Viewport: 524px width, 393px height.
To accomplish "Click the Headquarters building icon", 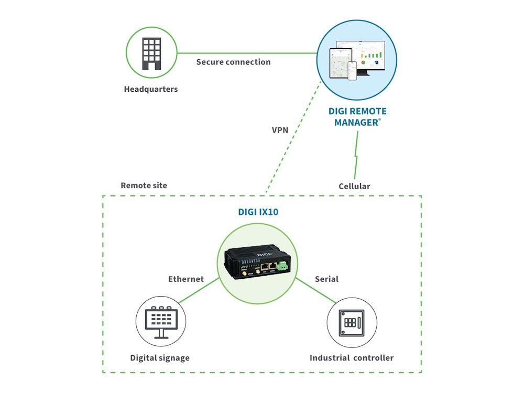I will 151,53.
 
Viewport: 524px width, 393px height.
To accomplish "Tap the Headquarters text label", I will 151,89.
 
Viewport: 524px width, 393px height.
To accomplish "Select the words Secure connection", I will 233,62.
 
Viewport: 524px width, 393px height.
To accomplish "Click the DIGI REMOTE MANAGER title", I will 357,116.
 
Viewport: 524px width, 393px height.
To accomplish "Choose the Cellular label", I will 354,186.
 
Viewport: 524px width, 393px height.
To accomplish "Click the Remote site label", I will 144,185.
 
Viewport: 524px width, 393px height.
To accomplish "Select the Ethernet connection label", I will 185,279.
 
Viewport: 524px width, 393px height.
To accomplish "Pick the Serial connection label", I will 326,279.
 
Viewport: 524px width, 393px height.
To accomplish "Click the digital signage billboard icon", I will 161,320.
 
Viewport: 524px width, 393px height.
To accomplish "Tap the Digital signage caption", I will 160,358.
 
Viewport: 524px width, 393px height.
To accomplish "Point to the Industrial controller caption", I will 351,358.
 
